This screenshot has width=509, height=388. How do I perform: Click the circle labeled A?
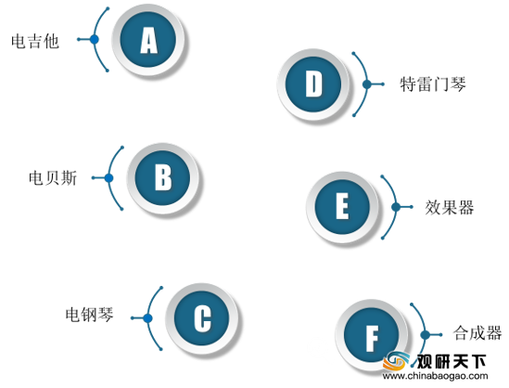pos(148,39)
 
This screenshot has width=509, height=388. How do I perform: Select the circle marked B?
pos(162,178)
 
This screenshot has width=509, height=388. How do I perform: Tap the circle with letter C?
pos(202,318)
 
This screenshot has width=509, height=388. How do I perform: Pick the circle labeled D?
pos(313,84)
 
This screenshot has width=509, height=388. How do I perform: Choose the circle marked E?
pos(342,207)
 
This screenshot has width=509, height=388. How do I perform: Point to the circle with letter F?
pos(372,335)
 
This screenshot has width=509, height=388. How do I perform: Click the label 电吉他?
pos(35,41)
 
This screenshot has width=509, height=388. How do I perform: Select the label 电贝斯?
pos(53,178)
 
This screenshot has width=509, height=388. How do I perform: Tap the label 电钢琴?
pos(90,315)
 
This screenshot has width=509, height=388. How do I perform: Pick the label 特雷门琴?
pos(433,84)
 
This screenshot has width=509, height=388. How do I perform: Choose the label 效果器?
pos(450,207)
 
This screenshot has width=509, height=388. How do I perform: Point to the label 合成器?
pos(477,333)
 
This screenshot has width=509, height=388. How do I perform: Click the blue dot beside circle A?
pos(95,39)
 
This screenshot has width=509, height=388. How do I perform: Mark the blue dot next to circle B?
pos(109,178)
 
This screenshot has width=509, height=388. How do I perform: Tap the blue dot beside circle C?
pos(148,318)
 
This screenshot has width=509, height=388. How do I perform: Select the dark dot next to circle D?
pos(367,84)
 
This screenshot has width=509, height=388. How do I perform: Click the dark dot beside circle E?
pos(396,207)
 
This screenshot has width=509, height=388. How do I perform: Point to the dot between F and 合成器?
pos(425,335)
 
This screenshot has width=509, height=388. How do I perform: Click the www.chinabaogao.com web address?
pos(435,376)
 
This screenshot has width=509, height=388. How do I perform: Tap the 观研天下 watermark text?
pos(452,361)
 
